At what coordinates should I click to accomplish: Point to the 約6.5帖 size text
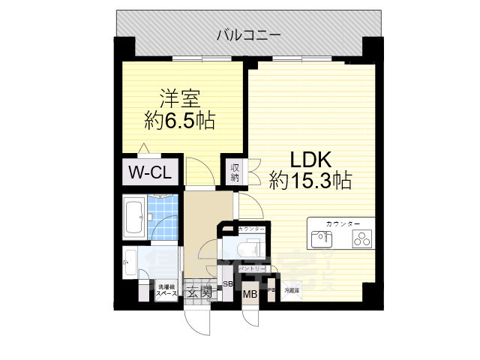coord(179,120)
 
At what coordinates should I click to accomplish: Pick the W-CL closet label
coord(150,172)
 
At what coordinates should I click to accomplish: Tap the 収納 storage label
coord(235,172)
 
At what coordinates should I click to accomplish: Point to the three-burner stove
coord(363,239)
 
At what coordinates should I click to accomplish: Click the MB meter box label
coord(250,294)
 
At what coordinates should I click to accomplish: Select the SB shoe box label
coord(227,283)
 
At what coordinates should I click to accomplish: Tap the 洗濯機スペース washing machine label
coord(166,291)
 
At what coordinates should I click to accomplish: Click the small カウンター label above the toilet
coord(250,228)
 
